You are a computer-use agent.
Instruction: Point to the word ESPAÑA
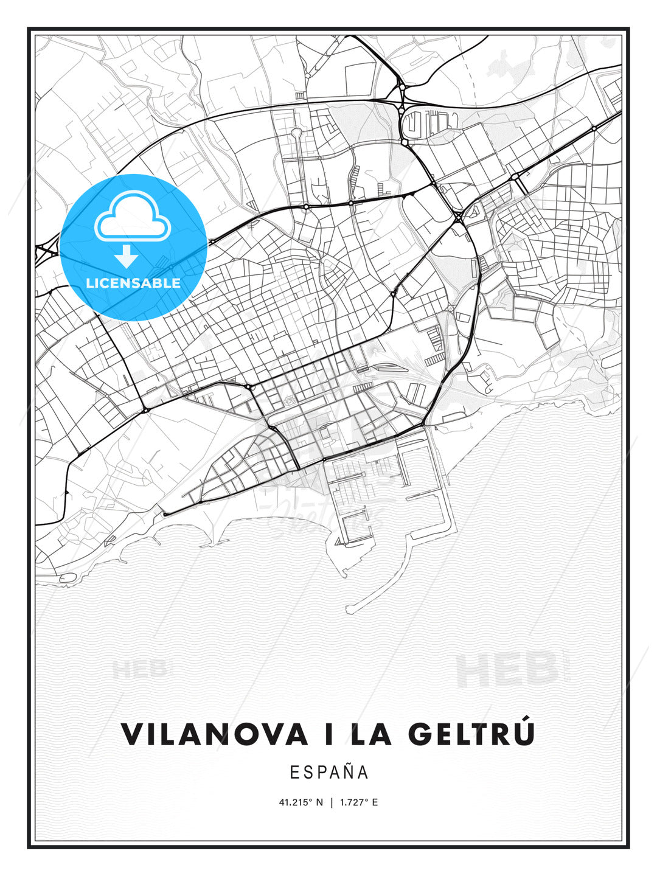point(329,773)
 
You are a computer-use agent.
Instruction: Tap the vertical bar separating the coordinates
point(332,802)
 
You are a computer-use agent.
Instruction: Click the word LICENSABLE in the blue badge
point(133,283)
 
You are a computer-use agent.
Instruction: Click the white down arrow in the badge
point(127,257)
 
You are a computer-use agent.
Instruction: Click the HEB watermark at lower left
point(139,669)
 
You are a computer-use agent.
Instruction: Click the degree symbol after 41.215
point(311,800)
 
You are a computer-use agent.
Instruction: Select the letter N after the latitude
point(321,802)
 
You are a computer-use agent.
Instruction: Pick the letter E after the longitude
point(375,802)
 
